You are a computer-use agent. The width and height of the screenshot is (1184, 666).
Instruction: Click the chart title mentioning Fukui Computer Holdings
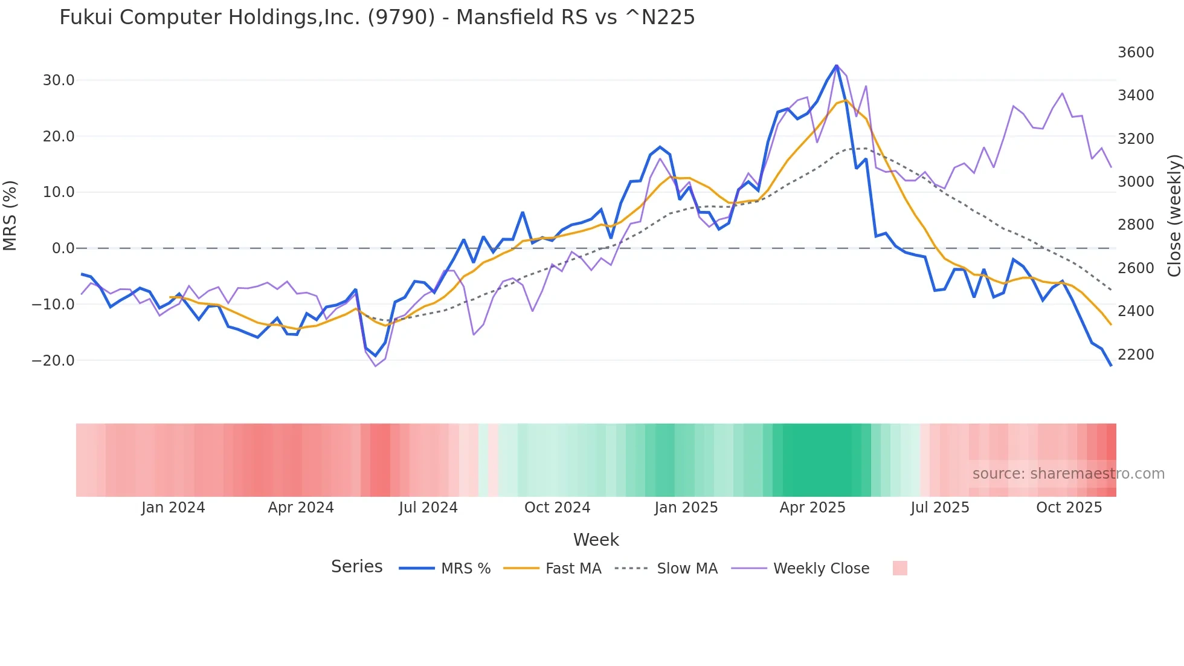[377, 18]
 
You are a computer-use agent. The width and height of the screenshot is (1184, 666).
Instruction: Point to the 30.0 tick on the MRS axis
[59, 80]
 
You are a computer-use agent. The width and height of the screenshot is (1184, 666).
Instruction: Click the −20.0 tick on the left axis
[54, 361]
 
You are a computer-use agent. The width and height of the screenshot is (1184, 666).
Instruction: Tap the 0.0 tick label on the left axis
[63, 248]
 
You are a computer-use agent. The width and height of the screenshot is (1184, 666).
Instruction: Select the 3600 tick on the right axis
[1136, 53]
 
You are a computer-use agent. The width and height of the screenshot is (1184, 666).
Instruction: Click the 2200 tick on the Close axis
[1136, 355]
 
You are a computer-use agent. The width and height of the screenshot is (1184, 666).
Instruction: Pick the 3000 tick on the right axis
[1136, 182]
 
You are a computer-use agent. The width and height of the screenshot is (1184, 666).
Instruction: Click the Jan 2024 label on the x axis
[173, 508]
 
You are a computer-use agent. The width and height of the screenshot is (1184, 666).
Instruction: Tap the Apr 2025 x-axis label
[812, 508]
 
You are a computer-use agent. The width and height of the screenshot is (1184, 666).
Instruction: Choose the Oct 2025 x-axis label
[1069, 508]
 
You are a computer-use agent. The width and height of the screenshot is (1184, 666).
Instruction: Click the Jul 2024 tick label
[428, 508]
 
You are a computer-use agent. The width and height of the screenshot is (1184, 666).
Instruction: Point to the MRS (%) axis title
[10, 216]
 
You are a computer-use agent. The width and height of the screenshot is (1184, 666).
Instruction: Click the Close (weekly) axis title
[1174, 216]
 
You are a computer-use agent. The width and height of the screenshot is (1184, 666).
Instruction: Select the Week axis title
[596, 540]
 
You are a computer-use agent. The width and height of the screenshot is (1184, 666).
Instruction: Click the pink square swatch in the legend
[899, 568]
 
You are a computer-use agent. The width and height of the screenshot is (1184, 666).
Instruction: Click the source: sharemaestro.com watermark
[1068, 474]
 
